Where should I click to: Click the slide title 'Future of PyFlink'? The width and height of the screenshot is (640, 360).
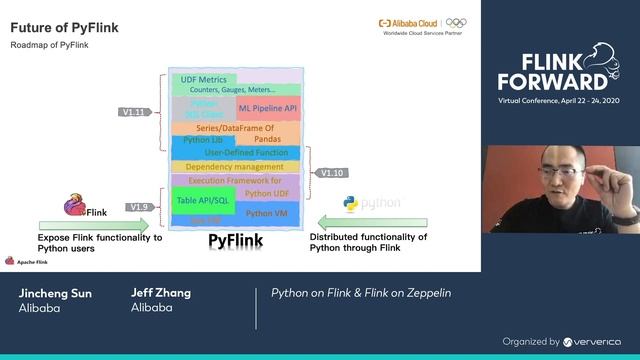pos(64,28)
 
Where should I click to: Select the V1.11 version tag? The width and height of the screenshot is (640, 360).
pos(133,112)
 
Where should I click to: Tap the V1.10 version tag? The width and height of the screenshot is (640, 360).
pos(331,172)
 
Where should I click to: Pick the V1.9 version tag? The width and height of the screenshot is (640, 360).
pos(140,206)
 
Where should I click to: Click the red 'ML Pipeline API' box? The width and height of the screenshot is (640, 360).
pos(268,107)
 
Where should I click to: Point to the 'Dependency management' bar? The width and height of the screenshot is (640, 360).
pos(236,167)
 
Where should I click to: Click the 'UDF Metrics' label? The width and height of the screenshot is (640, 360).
pos(201,79)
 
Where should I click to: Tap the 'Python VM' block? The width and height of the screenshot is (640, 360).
pos(267,213)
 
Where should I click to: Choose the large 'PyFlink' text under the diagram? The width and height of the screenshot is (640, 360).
pos(235,241)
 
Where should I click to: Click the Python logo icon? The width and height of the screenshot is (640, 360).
pos(351,204)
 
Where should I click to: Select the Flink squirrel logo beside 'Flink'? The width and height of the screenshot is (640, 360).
pos(75,207)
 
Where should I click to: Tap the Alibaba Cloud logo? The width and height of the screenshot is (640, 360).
pos(410,22)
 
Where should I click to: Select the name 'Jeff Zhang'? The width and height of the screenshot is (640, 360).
pos(160,293)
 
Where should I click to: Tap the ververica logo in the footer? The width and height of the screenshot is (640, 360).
pos(597,341)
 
